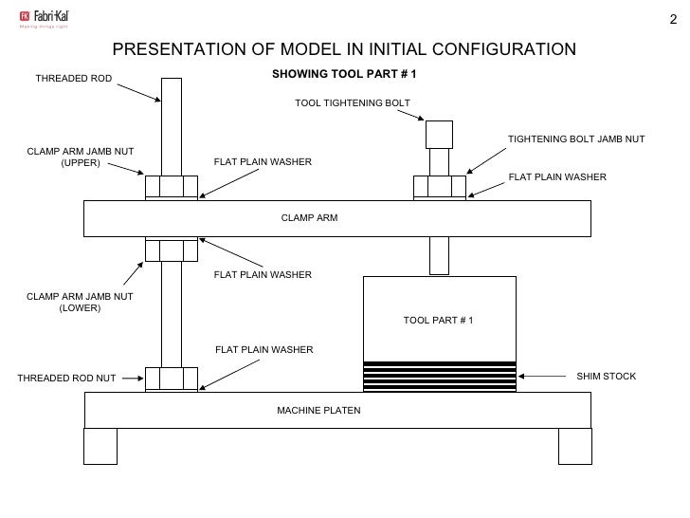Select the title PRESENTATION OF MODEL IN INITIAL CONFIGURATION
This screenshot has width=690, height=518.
(344, 49)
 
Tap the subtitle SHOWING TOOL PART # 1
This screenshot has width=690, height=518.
(344, 74)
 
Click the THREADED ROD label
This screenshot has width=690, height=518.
(73, 78)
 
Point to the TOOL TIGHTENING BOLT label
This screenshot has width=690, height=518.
(353, 102)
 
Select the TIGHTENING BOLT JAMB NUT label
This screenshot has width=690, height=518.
(575, 139)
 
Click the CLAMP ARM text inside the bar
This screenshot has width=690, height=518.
(309, 218)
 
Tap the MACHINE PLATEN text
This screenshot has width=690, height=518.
(318, 410)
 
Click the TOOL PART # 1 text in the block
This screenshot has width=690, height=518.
(438, 320)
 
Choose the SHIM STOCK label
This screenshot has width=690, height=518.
(607, 377)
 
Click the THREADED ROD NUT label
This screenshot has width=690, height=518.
(66, 379)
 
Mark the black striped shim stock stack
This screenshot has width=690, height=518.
(440, 376)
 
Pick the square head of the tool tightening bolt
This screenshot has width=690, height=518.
(439, 133)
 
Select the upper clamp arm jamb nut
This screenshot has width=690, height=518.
(171, 185)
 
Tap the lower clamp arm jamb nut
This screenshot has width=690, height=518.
(171, 250)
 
